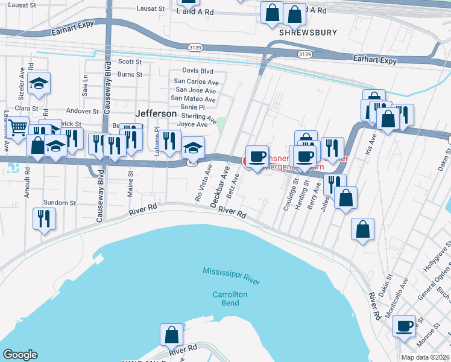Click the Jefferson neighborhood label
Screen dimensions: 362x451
[x=156, y=113]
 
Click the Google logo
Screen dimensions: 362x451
[x=20, y=355]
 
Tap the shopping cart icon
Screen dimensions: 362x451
[x=18, y=128]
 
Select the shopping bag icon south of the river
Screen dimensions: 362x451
[x=171, y=334]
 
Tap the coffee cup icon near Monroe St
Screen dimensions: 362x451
[x=405, y=325]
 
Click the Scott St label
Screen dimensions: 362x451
[x=130, y=62]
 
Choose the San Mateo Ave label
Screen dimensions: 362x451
[x=194, y=99]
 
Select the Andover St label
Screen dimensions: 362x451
[x=82, y=111]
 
